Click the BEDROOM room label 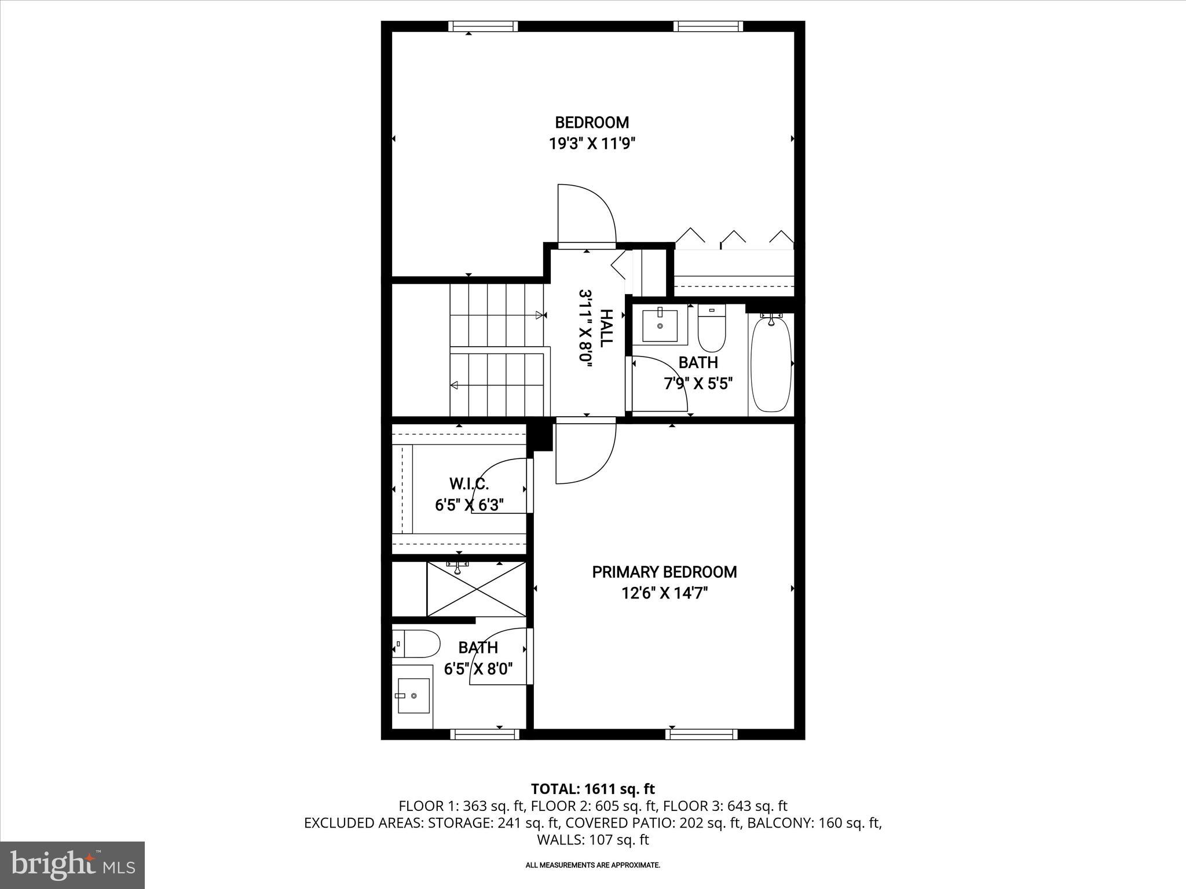pos(592,123)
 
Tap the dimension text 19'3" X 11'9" pos(592,144)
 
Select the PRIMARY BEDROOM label pos(664,572)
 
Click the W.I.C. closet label pos(469,483)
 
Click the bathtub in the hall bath pos(771,363)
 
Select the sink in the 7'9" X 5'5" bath pos(660,326)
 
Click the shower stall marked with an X pos(476,589)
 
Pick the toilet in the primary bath pos(417,644)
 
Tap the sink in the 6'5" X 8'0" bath pos(412,696)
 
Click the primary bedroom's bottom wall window pos(701,734)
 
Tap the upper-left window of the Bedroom pos(483,26)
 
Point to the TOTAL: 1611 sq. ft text pos(592,789)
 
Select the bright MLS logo pos(72,865)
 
